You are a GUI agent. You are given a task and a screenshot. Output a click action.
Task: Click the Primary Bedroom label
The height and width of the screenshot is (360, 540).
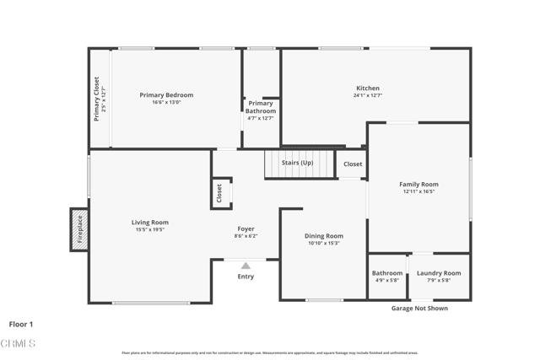(166, 95)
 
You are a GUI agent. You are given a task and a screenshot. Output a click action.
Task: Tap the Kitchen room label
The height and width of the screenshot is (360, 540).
(367, 88)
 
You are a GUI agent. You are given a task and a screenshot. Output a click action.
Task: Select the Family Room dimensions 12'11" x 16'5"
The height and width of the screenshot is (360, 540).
(418, 192)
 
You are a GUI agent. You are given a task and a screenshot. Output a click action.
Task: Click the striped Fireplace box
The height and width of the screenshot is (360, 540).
(78, 228)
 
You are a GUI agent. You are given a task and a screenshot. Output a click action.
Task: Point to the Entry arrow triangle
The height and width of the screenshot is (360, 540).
(246, 266)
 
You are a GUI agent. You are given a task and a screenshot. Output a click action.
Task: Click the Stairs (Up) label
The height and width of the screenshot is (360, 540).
(297, 162)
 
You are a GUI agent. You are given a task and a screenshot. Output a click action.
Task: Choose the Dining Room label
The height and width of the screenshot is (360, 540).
(324, 236)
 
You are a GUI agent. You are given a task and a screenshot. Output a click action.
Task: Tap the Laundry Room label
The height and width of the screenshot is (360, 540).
(439, 273)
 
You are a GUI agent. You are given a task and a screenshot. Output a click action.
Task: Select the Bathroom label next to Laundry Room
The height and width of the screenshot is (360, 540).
(387, 273)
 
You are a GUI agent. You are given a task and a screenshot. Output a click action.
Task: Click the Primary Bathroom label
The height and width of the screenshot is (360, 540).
(260, 107)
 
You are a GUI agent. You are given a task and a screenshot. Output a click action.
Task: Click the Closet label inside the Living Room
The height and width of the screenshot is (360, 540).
(219, 193)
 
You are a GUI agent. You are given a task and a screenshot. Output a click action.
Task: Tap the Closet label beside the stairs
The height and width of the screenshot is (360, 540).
(353, 164)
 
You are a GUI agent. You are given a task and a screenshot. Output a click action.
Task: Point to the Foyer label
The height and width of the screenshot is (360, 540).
(246, 228)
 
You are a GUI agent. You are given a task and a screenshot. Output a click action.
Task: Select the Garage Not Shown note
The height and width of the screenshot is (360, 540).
(419, 309)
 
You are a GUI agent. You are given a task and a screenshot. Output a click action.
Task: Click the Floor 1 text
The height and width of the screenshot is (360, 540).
(21, 324)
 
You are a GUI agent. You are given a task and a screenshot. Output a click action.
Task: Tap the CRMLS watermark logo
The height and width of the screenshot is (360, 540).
(18, 343)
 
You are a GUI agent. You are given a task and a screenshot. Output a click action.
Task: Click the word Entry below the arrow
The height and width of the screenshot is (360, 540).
(246, 277)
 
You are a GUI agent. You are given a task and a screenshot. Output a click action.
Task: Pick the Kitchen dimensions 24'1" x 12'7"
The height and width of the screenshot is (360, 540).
(367, 95)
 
